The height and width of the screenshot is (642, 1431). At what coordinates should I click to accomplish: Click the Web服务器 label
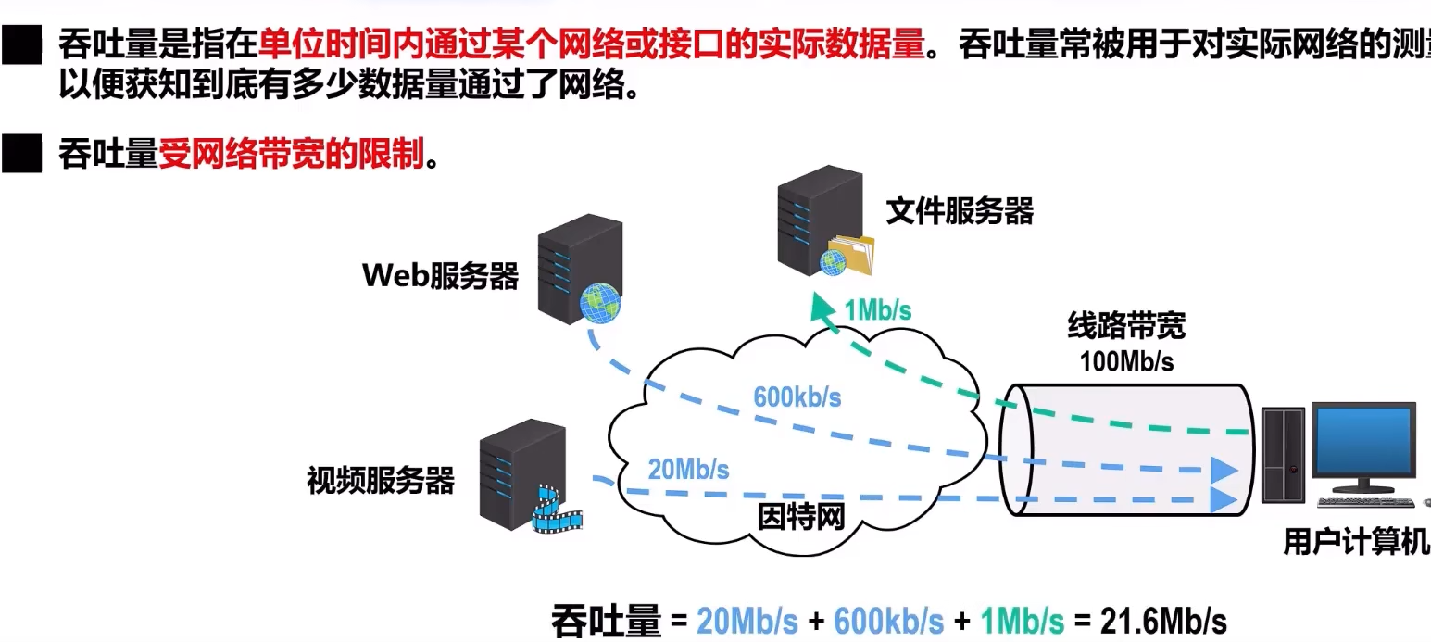[440, 275]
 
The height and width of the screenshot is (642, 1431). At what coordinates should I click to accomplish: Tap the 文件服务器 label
[959, 211]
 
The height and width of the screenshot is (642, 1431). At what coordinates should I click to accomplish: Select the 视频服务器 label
[381, 481]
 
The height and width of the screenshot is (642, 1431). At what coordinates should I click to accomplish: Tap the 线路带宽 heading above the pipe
[1126, 326]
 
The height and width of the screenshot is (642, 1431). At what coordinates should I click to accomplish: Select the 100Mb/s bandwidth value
[1126, 361]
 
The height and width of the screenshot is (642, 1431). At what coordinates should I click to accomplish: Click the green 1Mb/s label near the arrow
[877, 310]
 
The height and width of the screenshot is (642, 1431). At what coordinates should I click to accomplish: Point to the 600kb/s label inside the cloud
[797, 397]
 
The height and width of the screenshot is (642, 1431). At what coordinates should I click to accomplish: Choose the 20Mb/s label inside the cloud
[688, 470]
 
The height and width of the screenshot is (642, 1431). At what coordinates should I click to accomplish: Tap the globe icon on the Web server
[598, 303]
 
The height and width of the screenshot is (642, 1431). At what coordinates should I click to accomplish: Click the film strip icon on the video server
[556, 513]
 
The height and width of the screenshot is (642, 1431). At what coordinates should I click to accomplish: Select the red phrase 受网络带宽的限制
[291, 154]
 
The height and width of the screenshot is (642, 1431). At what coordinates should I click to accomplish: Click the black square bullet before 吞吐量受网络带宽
[22, 155]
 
